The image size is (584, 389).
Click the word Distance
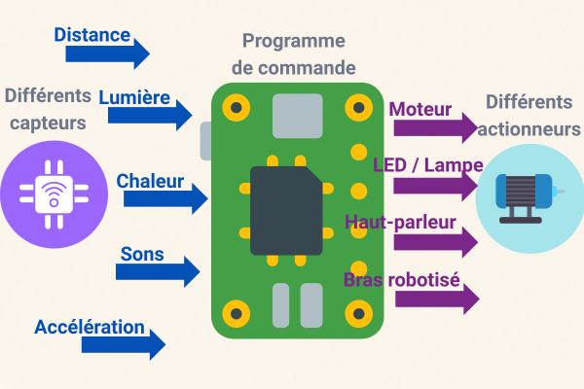(92, 35)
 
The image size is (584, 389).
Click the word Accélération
(90, 327)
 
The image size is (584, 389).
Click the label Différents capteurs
(47, 109)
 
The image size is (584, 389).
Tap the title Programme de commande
(293, 54)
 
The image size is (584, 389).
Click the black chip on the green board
(286, 210)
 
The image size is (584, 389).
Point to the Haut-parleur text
(401, 222)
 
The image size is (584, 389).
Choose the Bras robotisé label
(401, 280)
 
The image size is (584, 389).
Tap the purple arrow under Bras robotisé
(437, 299)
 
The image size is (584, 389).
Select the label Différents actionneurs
(530, 115)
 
